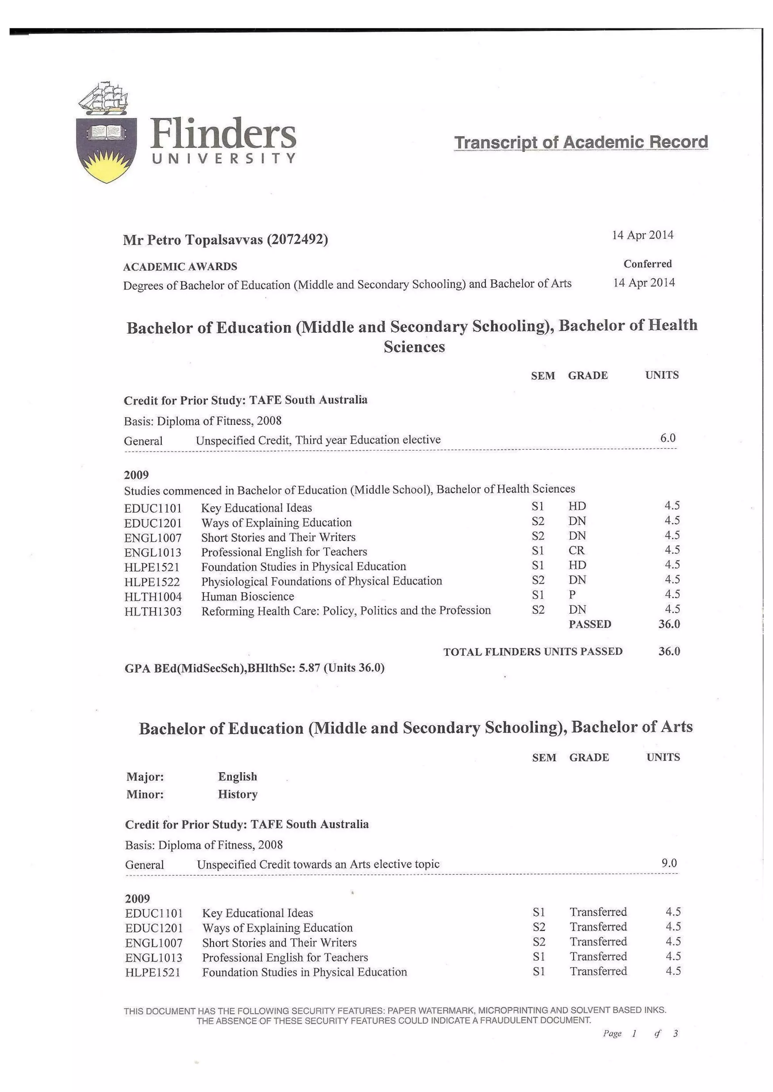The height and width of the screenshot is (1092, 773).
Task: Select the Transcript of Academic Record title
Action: tap(581, 142)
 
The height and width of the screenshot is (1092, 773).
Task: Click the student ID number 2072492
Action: tap(297, 239)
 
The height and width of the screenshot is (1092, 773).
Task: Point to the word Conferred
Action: tap(647, 264)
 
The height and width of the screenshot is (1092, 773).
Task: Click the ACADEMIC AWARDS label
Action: tap(180, 266)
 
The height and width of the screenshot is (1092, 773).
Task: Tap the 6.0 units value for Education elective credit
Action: tap(667, 438)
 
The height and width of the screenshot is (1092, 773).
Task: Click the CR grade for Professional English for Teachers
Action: tap(576, 550)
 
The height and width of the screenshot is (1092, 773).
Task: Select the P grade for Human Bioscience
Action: tap(572, 595)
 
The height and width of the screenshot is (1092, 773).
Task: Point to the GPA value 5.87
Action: tap(310, 668)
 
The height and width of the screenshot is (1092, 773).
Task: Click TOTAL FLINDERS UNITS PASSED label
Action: tap(533, 652)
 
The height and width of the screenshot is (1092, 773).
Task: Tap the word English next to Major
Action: tap(237, 776)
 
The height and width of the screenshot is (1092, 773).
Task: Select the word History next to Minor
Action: tap(237, 794)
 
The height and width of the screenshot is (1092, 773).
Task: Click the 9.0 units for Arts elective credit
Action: tap(669, 863)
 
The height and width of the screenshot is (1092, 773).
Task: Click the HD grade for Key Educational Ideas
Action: tap(577, 506)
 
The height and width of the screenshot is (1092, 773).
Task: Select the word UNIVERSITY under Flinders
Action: tap(224, 159)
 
